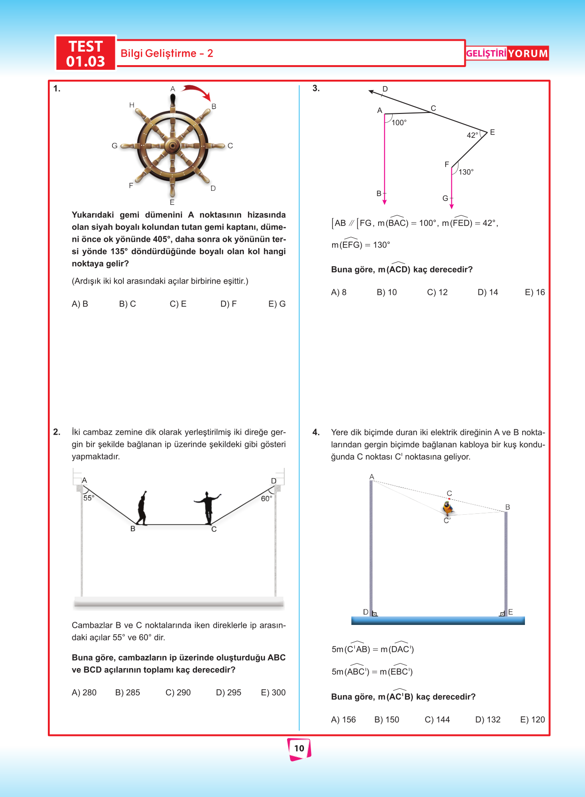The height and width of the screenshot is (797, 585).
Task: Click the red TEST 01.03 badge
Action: [85, 53]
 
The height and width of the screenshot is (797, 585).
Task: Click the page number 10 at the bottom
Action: [299, 748]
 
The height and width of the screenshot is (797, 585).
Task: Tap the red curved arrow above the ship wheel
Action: [197, 92]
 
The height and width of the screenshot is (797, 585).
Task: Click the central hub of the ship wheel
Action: [173, 146]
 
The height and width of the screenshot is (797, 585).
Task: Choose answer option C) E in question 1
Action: [178, 304]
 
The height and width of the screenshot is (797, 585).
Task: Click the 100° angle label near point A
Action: [399, 123]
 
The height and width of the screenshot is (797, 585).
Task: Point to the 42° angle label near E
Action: [472, 135]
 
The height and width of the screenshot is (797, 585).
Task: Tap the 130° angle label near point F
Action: [466, 172]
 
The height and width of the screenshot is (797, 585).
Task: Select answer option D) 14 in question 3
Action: [488, 292]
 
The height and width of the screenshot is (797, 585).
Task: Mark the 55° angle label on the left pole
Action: [89, 498]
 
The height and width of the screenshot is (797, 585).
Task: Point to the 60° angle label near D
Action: [266, 498]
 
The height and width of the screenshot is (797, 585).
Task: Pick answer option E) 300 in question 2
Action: [273, 692]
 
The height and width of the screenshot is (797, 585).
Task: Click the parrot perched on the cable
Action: [448, 508]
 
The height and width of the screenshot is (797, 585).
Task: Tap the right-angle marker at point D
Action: [374, 614]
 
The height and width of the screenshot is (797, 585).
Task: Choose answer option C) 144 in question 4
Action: [437, 720]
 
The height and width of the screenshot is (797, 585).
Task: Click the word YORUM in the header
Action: [528, 53]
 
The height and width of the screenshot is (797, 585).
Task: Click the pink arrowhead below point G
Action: [451, 206]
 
